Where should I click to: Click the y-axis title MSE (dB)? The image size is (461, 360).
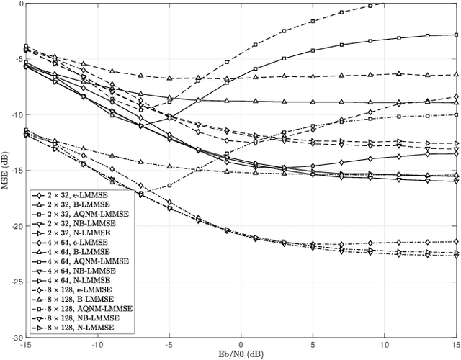point(6,170)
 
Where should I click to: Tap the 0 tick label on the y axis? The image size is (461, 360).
point(20,4)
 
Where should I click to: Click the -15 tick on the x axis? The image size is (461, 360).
point(26,344)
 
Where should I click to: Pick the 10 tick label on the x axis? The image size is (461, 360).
point(385,344)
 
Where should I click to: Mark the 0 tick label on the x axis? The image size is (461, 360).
point(241,344)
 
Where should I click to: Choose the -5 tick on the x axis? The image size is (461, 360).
point(169,344)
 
